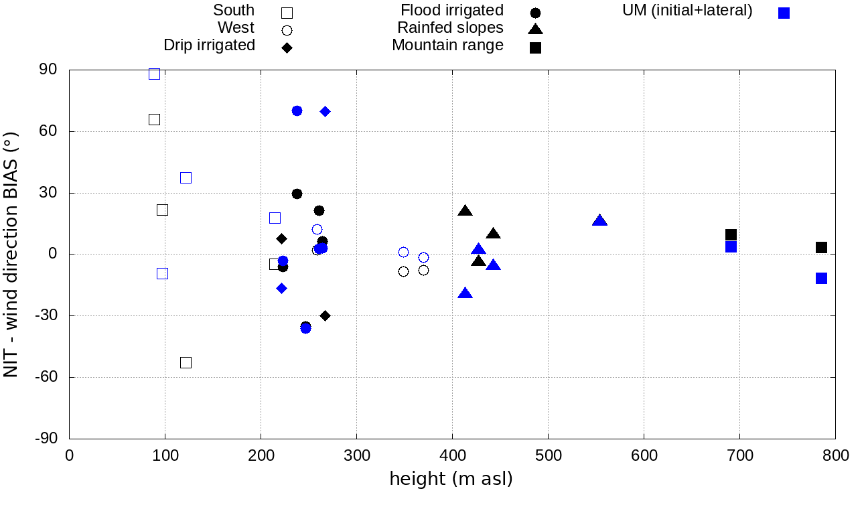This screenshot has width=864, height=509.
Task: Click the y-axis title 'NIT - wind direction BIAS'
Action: (x=11, y=254)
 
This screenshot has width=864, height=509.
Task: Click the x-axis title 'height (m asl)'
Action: (x=451, y=478)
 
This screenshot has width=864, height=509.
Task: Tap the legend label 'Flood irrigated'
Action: (x=452, y=11)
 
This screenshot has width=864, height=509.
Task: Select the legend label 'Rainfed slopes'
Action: (x=450, y=28)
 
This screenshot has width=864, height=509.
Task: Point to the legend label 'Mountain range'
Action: (x=447, y=46)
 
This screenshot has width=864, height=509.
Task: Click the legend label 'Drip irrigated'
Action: (x=209, y=46)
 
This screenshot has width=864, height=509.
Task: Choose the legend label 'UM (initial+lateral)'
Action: (x=688, y=11)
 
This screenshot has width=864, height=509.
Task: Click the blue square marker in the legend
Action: (x=784, y=13)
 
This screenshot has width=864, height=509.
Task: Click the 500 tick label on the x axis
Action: (x=548, y=456)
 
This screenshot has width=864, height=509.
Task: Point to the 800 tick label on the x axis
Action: (x=835, y=456)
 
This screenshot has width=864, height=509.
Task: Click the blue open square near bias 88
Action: (x=154, y=74)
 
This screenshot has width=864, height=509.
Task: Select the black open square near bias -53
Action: (x=186, y=362)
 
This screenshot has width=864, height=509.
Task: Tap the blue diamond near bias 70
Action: (x=325, y=111)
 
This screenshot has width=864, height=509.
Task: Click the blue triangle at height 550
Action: (x=599, y=221)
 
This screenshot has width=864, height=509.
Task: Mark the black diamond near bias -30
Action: (x=325, y=315)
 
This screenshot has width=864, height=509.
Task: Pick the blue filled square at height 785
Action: (x=821, y=278)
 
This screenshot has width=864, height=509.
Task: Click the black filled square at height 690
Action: (x=731, y=234)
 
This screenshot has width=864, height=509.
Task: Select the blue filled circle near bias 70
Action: (x=297, y=111)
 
